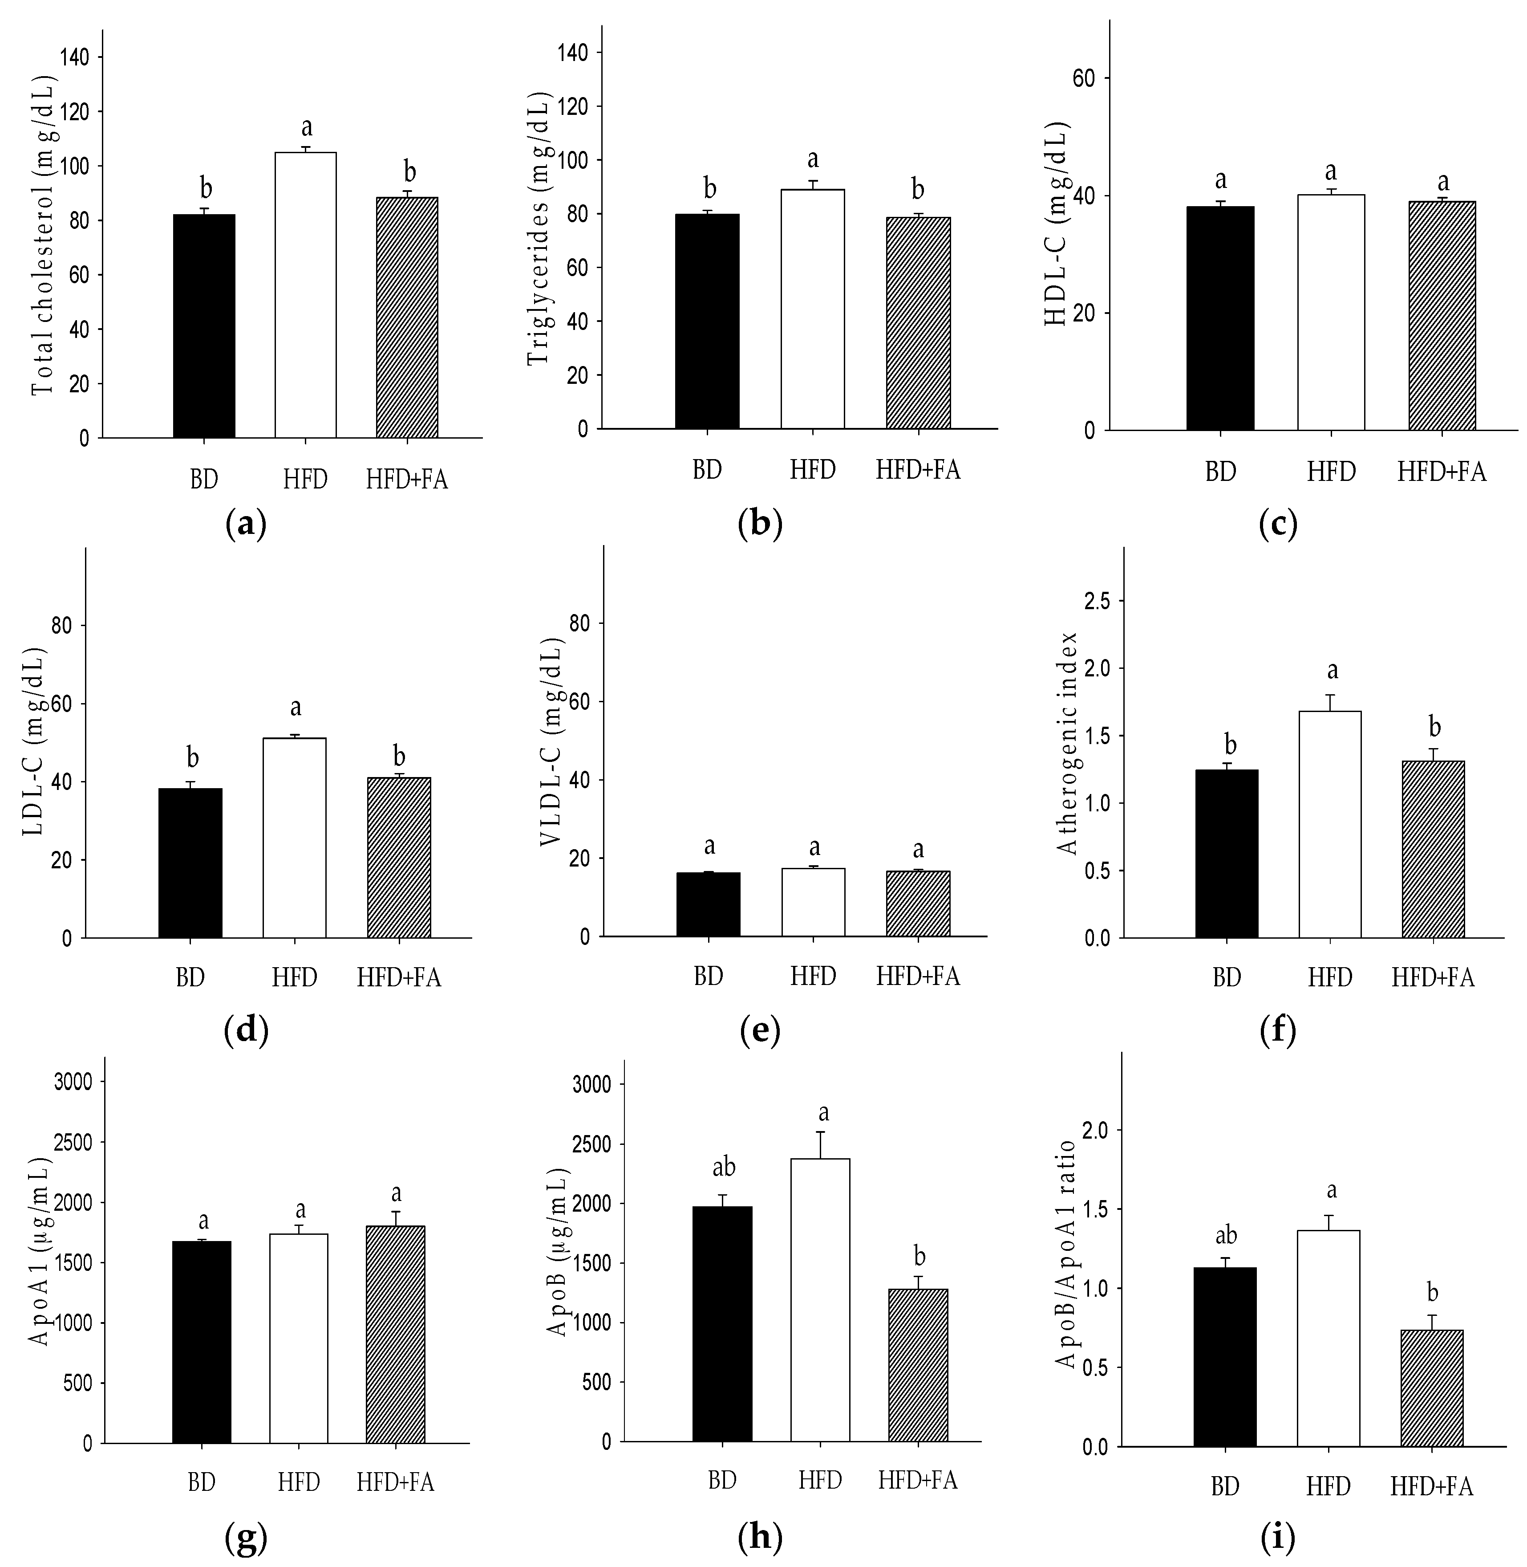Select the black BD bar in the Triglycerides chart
[707, 321]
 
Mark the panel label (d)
[245, 1030]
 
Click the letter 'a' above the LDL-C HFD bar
[295, 708]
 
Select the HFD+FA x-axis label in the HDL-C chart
[1441, 472]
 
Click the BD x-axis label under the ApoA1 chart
[201, 1482]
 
